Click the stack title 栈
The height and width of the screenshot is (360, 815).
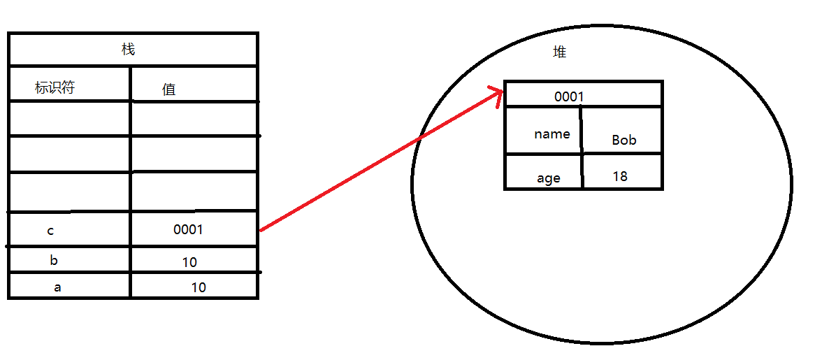pos(128,49)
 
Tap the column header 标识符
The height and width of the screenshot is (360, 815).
pos(55,88)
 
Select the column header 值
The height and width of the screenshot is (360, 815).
pos(168,89)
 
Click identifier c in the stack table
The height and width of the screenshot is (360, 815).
pos(50,231)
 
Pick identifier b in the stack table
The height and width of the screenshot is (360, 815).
pos(54,261)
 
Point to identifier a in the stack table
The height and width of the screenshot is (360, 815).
pos(57,286)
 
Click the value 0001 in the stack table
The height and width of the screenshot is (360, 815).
pos(188,229)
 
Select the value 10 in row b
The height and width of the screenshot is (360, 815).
pos(189,262)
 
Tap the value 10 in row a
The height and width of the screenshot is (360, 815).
pos(199,287)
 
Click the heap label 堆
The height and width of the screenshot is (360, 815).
pos(558,53)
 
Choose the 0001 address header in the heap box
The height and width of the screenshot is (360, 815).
pos(568,96)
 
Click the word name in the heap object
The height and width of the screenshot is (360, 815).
pos(551,134)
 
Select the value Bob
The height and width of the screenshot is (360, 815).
pos(624,140)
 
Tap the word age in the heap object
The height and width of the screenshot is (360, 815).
pos(549,178)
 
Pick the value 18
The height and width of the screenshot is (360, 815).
pos(620,176)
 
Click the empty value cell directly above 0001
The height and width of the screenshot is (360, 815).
pos(194,192)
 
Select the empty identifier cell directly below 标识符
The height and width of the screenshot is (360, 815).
pos(69,118)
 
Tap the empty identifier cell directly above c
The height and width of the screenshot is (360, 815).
pos(69,192)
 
